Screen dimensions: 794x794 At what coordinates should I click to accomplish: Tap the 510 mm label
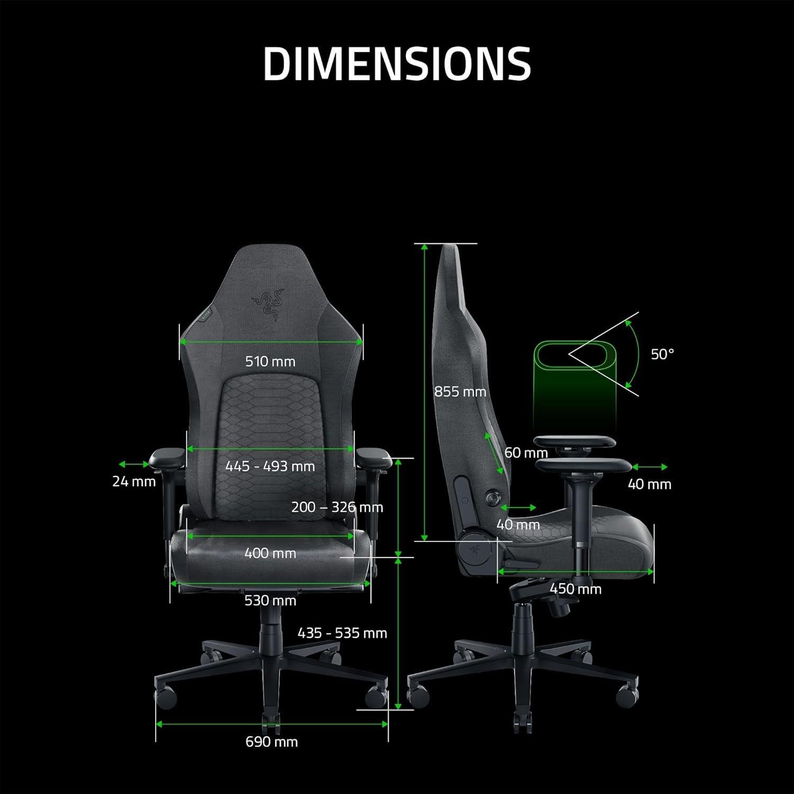[270, 362]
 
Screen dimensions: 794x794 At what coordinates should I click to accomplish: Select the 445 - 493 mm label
[270, 466]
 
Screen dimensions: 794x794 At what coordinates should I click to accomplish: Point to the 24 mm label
[134, 482]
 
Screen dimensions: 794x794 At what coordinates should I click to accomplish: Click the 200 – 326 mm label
[337, 507]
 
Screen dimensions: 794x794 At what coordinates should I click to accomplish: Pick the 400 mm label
[270, 554]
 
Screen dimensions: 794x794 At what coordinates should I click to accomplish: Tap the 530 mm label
[270, 601]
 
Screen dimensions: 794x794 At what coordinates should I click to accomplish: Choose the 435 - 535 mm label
[342, 633]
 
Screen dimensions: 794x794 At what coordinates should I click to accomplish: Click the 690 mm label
[272, 742]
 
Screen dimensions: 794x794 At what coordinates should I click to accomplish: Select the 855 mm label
[459, 392]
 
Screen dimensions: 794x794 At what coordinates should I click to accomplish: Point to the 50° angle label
[662, 354]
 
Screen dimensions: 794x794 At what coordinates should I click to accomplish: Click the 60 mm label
[526, 453]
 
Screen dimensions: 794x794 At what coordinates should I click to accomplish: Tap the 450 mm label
[575, 589]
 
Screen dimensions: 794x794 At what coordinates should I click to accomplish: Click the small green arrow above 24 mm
[134, 464]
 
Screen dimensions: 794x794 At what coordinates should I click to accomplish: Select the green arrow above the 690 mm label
[272, 724]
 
